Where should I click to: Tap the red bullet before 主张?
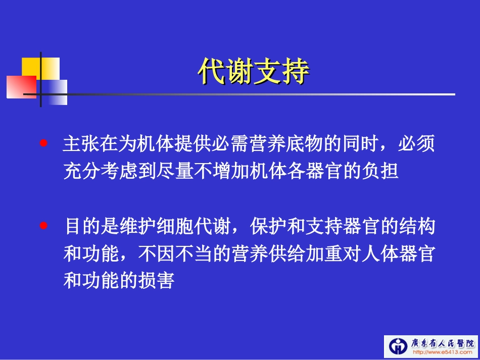point(44,143)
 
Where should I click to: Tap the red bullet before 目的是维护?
point(44,226)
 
